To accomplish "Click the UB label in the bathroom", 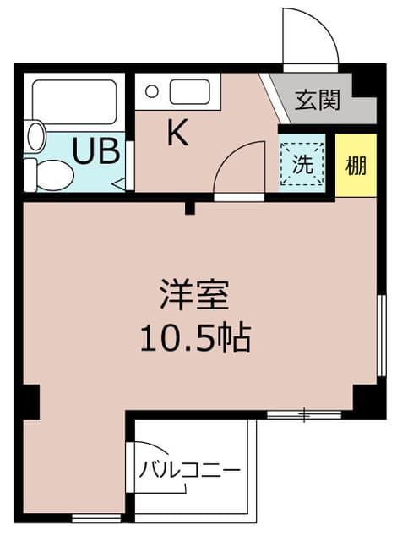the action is click(95, 150).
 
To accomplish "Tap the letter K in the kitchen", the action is click(177, 132).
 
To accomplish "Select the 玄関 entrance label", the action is click(318, 100).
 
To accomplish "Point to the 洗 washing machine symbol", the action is click(302, 165).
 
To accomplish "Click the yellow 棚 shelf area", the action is click(356, 166).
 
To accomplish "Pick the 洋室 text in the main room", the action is click(194, 295).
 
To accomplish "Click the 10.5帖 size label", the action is click(195, 337).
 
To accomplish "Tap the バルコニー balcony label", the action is click(189, 470).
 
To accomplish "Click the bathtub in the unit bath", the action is click(74, 101).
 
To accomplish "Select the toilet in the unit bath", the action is click(49, 175).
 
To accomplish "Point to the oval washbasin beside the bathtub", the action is click(36, 135).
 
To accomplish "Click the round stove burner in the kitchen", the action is click(152, 92).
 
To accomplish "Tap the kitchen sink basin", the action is click(189, 92).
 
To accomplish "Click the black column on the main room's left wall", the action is click(30, 402).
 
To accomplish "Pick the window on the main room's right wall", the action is click(381, 335).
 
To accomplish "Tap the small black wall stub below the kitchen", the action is click(190, 208).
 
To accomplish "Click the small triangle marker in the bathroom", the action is click(119, 184).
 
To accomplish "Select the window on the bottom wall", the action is click(96, 518).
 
